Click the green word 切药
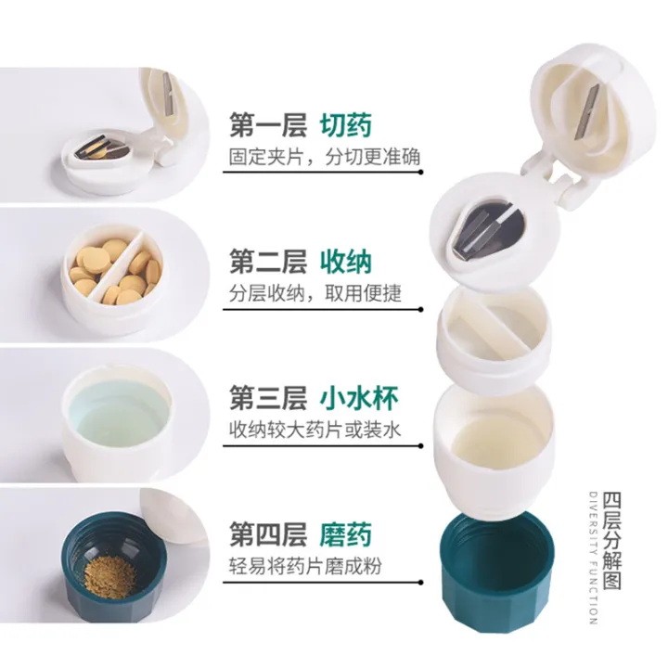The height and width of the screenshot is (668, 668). tap(346, 125)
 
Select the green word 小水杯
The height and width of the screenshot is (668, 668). tap(359, 400)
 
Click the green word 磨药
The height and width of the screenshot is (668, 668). tap(346, 534)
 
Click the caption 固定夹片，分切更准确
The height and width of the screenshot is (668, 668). tap(324, 157)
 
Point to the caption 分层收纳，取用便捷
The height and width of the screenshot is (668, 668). tap(315, 293)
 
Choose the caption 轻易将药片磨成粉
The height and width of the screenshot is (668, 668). tap(305, 566)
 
